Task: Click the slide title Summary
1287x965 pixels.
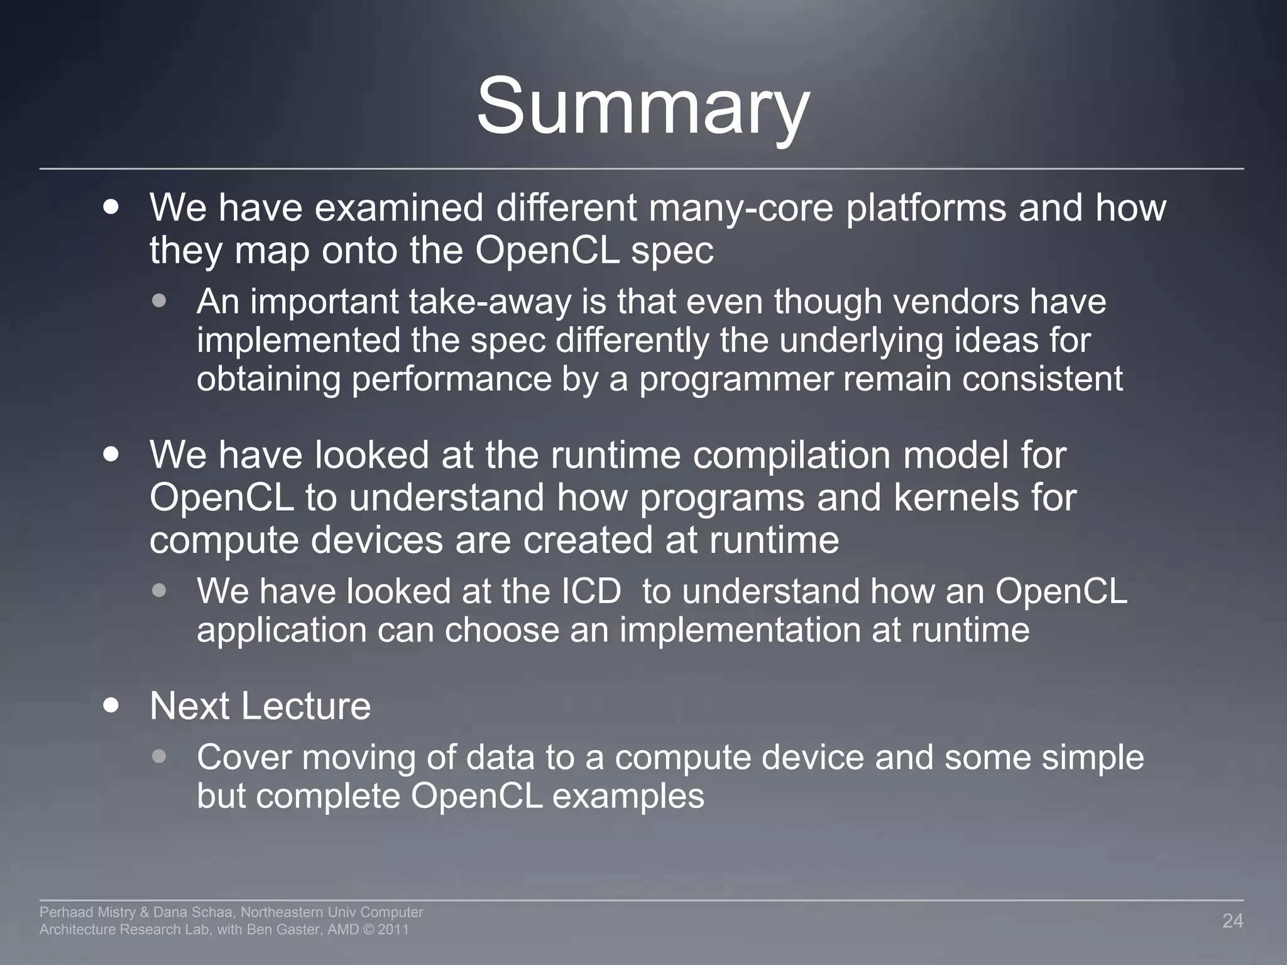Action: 643,107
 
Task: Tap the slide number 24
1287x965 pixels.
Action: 1232,921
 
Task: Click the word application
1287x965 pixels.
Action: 282,630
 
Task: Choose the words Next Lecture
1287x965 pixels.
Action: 260,706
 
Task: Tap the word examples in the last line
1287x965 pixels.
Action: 628,796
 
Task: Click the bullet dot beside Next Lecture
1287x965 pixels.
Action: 111,705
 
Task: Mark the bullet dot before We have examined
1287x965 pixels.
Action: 111,207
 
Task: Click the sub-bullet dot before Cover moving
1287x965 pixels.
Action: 160,756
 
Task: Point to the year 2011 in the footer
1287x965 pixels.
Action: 393,930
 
